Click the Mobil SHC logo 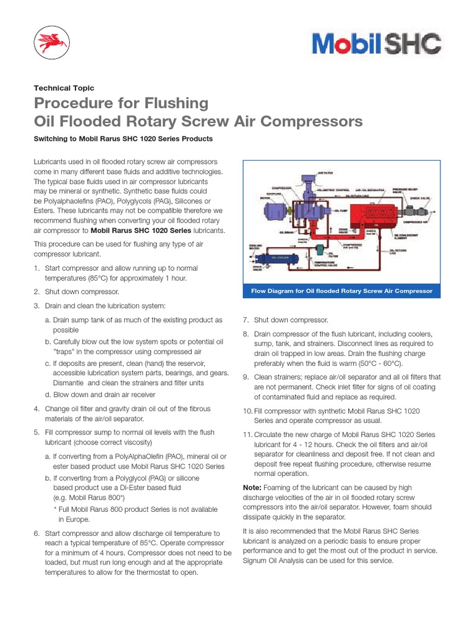point(376,44)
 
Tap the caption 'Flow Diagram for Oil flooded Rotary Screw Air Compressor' point(341,291)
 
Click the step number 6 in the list point(36,533)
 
